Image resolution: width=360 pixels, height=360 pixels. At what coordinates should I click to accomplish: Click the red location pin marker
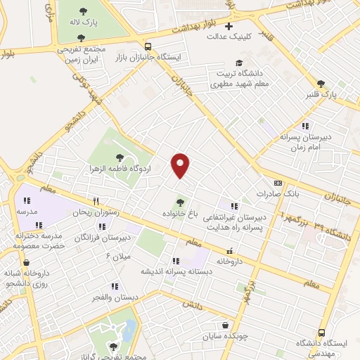(181, 165)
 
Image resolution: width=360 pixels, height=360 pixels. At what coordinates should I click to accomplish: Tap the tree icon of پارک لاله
(82, 11)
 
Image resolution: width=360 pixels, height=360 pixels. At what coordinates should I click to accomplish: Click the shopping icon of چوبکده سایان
(225, 325)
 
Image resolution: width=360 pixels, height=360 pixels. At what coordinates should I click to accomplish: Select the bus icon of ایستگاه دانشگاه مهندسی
(321, 332)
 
